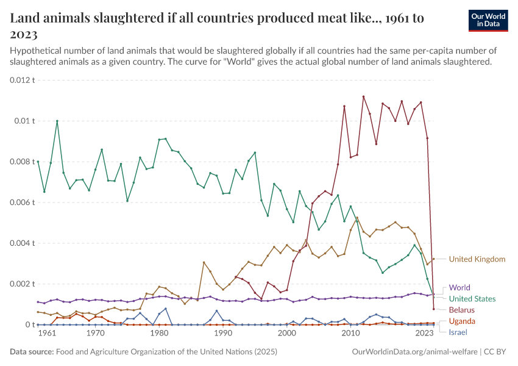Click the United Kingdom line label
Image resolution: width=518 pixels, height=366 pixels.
(x=477, y=259)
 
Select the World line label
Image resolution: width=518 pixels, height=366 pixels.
(x=459, y=287)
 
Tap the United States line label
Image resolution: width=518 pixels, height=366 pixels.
(x=472, y=299)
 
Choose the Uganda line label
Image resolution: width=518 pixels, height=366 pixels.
(x=461, y=321)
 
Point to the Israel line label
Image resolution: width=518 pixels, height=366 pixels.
(x=458, y=332)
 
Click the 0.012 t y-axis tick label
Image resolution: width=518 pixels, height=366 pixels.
(x=23, y=80)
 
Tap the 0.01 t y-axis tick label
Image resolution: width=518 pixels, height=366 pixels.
(x=24, y=121)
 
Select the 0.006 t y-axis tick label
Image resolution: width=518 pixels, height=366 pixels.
(x=23, y=203)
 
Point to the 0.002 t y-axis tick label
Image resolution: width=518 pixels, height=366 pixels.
(x=23, y=284)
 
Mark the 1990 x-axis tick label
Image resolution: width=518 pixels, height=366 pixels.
(x=223, y=334)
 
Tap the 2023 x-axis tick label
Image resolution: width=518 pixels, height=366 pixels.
(x=425, y=334)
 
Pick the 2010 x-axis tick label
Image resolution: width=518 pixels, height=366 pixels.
(x=350, y=334)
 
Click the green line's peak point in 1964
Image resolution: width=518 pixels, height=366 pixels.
(x=57, y=121)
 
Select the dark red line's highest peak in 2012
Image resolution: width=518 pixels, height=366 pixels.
(x=363, y=96)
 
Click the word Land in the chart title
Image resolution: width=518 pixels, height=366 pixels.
(x=26, y=18)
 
